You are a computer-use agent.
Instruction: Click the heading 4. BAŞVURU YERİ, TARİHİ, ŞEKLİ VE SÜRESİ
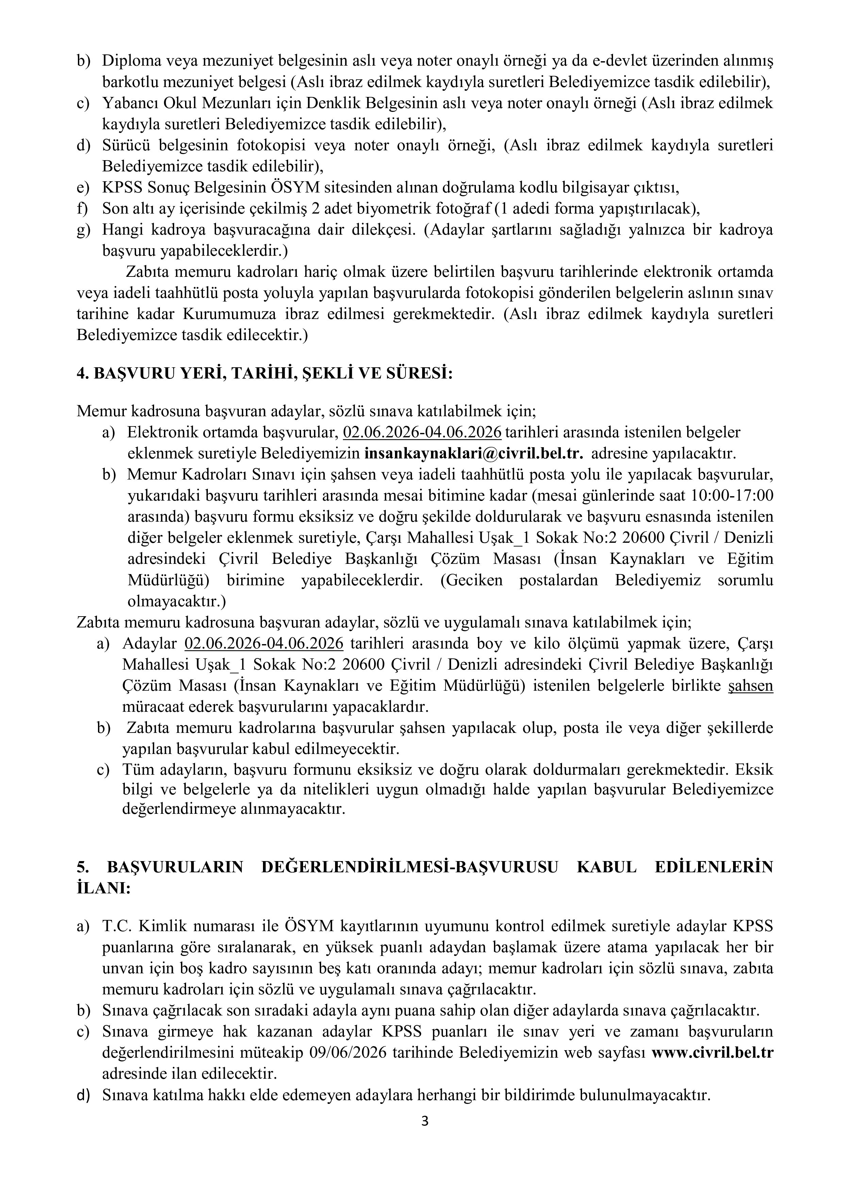coord(265,374)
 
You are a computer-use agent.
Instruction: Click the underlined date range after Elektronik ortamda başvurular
coord(423,432)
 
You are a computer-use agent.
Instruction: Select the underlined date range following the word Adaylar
coord(264,643)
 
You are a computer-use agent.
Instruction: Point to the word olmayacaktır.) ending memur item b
coord(177,602)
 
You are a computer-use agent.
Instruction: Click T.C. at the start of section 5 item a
coord(114,926)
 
